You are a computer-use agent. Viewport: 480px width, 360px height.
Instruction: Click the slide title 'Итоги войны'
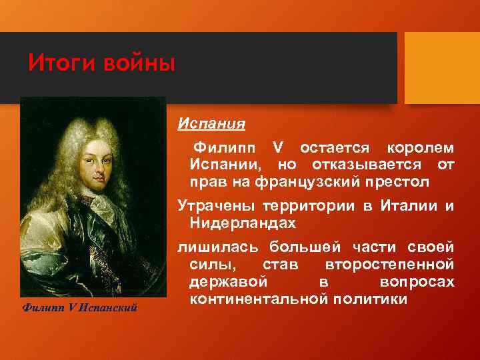(x=101, y=64)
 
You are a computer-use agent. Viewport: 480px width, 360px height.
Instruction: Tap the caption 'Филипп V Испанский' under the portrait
(x=79, y=307)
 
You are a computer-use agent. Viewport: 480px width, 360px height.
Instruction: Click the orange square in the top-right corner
(x=442, y=54)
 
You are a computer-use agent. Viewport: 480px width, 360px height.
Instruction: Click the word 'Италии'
(x=406, y=206)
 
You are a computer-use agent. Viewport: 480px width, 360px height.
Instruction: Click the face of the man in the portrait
(x=92, y=170)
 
